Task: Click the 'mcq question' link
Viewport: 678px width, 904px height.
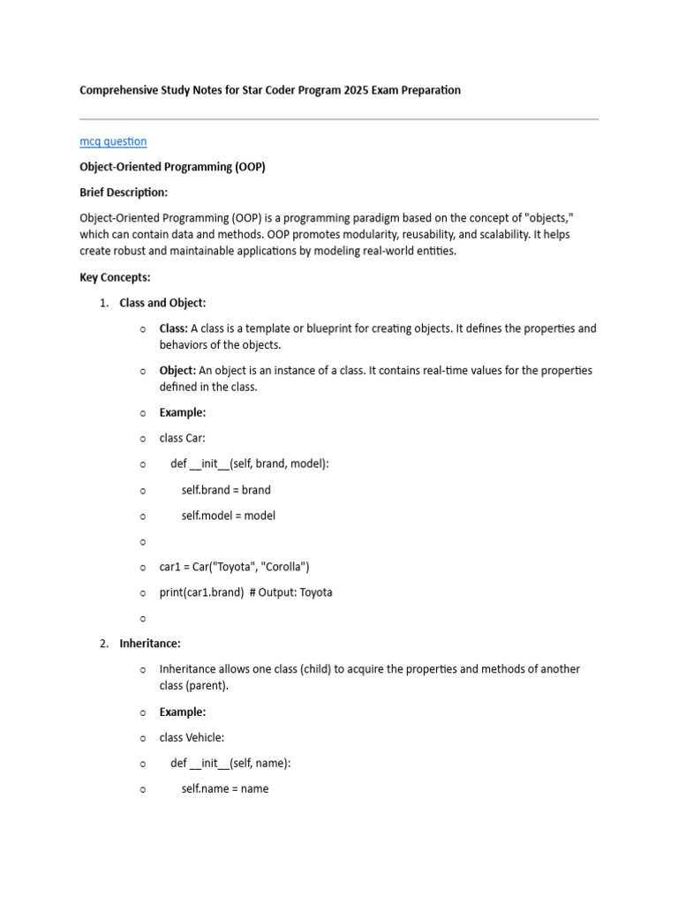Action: coord(113,141)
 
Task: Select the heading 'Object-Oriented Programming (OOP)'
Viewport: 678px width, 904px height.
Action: coord(172,167)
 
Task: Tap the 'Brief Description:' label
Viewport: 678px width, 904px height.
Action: coord(124,192)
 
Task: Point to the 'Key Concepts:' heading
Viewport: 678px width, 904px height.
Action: coord(115,277)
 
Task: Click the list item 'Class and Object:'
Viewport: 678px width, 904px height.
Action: coord(162,303)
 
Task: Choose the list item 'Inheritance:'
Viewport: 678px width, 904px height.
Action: coord(150,644)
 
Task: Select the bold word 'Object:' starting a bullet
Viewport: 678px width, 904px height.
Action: coord(177,371)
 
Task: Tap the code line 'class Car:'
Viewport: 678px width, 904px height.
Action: coord(184,439)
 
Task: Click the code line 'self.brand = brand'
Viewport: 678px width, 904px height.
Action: coord(226,490)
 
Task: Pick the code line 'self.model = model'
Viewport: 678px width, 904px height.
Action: coord(229,516)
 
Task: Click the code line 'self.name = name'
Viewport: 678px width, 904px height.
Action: coord(225,789)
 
